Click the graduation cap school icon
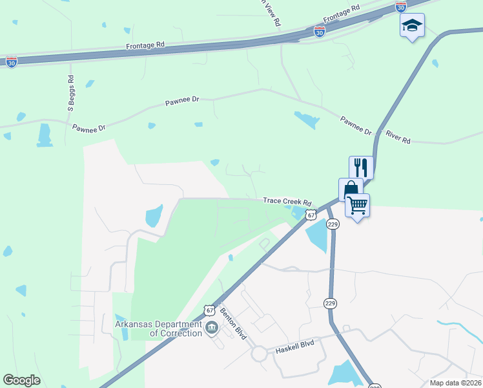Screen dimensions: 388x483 (x=412, y=26)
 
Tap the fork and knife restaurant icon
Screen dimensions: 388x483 (x=361, y=167)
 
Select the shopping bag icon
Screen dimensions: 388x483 (x=350, y=189)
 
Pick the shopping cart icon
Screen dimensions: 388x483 (x=357, y=206)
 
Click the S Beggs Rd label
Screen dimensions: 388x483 (x=70, y=94)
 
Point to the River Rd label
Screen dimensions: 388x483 (x=398, y=138)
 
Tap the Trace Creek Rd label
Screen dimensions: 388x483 (x=287, y=202)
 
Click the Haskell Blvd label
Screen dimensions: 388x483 (x=294, y=343)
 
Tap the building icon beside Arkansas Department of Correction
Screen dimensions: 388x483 (x=211, y=329)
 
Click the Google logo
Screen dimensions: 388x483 (x=21, y=380)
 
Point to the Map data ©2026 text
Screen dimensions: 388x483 (x=455, y=383)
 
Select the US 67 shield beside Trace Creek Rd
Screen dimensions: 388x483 (x=311, y=215)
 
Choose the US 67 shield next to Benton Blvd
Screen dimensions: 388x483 (x=209, y=310)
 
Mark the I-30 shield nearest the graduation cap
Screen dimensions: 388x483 (x=401, y=7)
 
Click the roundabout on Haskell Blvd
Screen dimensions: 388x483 (x=260, y=354)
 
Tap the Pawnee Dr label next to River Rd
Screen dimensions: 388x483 (x=356, y=125)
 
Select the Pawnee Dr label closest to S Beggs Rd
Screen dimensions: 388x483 (x=88, y=128)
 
